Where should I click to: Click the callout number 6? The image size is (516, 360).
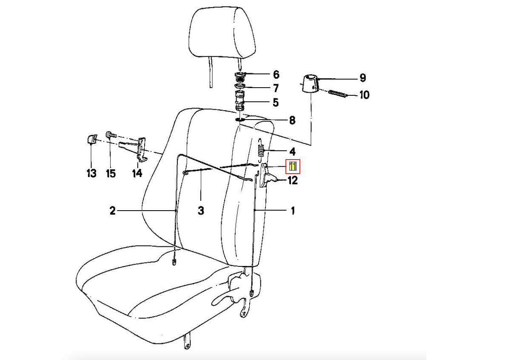coord(276,74)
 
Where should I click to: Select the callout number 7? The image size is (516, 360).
coord(276,88)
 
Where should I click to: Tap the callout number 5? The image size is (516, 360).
coord(276,103)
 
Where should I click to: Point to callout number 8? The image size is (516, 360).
coord(292,120)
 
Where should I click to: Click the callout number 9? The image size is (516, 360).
coord(363,78)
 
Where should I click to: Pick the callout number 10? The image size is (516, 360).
coord(365,95)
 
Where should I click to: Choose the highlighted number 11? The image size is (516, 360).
coord(293,166)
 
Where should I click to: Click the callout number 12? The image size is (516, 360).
coord(293,180)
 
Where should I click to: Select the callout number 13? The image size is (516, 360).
coord(91,173)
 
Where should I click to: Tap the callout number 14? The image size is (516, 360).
coord(137,173)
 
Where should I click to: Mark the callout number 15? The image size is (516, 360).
coord(111,174)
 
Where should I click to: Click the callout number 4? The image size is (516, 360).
coord(292,151)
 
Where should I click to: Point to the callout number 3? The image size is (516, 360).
coord(201,211)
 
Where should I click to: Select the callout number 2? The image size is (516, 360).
coord(112,211)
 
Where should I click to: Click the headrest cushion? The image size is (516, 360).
coord(222,32)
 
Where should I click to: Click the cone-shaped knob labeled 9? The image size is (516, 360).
coord(310,83)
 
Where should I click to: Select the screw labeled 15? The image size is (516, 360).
coord(111,134)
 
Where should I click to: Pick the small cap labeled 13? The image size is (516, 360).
coord(92,139)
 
